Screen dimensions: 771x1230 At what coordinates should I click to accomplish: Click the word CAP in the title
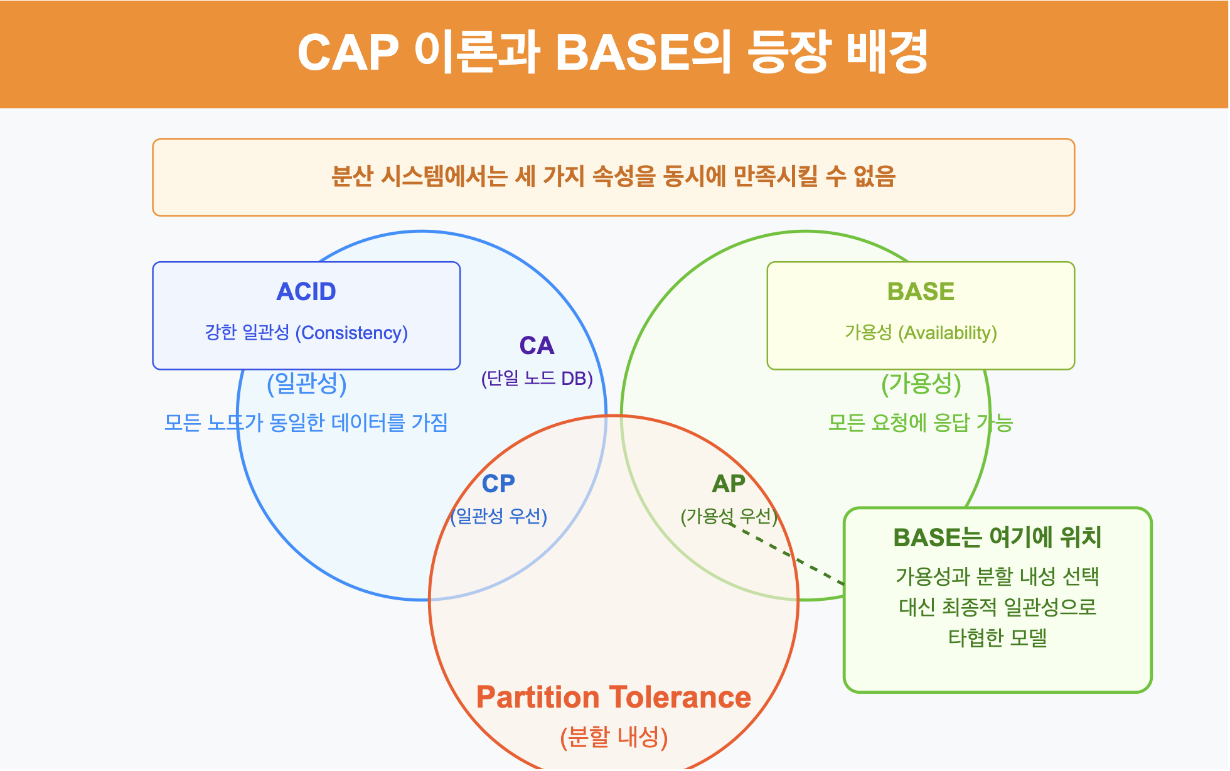click(x=348, y=53)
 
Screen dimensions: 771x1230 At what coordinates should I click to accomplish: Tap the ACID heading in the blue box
click(x=306, y=292)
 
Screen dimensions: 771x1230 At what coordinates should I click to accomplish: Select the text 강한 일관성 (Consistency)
click(x=306, y=332)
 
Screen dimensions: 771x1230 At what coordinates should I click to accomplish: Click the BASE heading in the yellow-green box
click(x=921, y=292)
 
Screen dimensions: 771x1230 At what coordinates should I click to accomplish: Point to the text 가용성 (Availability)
click(x=921, y=332)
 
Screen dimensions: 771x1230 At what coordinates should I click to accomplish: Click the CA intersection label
click(x=537, y=346)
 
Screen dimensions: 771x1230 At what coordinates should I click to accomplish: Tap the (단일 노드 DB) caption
click(x=537, y=379)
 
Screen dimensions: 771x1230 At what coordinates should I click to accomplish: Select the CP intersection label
click(x=498, y=484)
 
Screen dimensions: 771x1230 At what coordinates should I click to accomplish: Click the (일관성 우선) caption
click(x=499, y=516)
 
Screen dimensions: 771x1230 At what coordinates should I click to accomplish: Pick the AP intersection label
click(x=729, y=484)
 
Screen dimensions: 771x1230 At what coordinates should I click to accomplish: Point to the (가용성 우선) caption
click(x=729, y=516)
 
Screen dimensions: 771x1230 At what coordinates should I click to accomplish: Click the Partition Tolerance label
click(x=613, y=698)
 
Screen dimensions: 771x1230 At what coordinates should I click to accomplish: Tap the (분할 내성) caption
click(x=613, y=737)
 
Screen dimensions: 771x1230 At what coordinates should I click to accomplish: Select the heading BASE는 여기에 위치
click(x=997, y=537)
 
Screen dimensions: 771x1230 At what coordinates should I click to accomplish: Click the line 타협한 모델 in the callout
click(x=997, y=638)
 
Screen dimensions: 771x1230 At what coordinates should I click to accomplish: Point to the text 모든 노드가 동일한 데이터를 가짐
click(x=306, y=423)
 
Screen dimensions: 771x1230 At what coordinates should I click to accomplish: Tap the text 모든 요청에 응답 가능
click(x=921, y=423)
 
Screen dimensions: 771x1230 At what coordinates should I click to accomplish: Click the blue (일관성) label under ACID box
click(x=306, y=384)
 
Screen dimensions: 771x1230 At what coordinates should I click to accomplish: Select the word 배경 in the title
click(x=887, y=53)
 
